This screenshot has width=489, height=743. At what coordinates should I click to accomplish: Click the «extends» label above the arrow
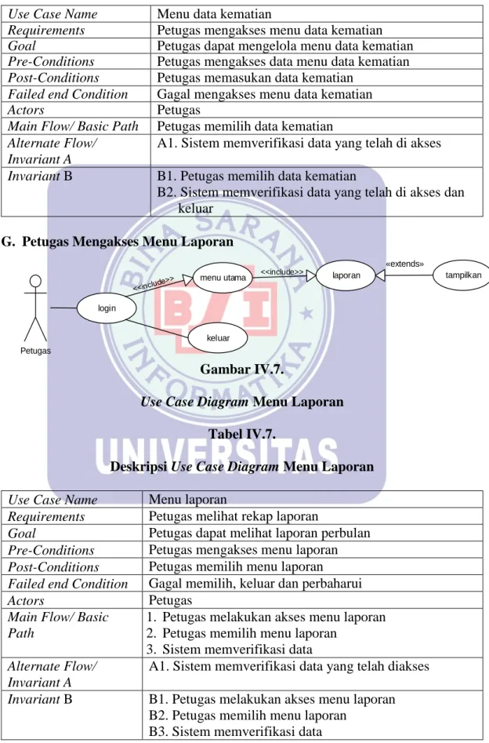tap(404, 264)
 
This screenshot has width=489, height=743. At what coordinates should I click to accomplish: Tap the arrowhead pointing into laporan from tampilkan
tap(380, 275)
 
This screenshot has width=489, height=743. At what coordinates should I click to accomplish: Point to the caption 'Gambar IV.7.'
tap(242, 369)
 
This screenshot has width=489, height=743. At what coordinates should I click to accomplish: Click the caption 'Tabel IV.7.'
tap(242, 434)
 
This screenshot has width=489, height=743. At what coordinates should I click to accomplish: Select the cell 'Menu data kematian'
tap(215, 14)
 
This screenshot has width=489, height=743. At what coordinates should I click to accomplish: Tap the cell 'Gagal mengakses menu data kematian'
tap(265, 94)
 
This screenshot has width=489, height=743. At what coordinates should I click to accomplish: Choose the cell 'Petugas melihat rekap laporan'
tap(234, 516)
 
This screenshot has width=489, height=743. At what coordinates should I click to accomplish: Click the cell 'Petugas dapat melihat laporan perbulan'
tap(259, 533)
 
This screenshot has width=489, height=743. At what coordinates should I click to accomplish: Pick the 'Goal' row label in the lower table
tap(22, 533)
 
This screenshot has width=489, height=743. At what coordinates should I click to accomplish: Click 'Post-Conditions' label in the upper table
tap(53, 78)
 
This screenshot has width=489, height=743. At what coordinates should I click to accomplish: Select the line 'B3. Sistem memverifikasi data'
tap(235, 731)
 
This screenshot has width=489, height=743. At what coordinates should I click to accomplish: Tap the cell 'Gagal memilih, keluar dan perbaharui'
tap(255, 583)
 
